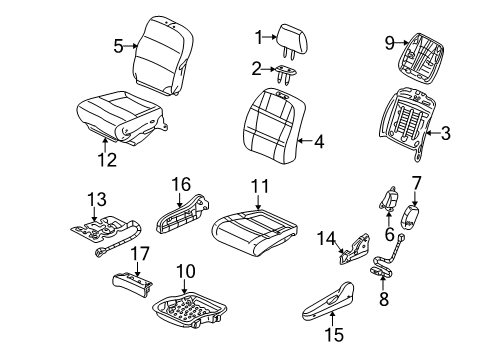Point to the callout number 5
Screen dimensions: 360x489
[118, 45]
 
